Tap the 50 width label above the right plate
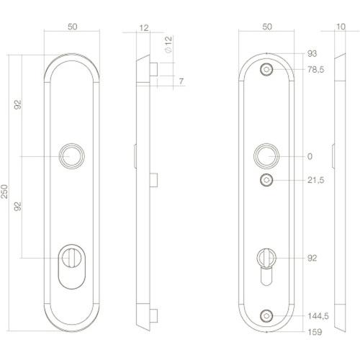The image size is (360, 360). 267,27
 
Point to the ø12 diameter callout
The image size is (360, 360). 167,46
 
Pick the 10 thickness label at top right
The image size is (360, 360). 340,27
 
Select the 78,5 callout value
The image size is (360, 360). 316,69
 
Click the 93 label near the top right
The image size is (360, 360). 312,54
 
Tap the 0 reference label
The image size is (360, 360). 310,156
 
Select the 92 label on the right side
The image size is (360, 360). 312,257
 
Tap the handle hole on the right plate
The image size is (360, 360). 267,156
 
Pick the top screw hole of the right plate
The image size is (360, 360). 267,70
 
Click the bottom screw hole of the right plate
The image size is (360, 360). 267,315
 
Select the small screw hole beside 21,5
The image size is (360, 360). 267,180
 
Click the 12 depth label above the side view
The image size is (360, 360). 144,27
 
